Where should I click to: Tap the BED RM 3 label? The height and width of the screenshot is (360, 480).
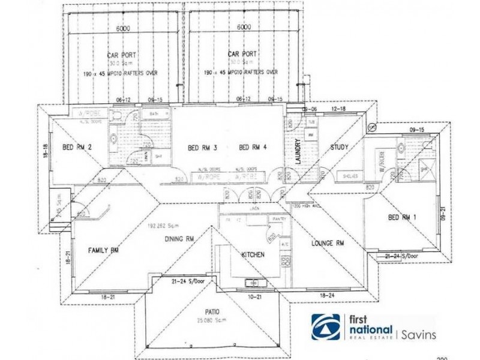click(x=202, y=148)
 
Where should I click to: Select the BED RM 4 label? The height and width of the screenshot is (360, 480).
click(x=253, y=148)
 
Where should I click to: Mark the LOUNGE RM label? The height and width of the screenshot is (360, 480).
click(x=328, y=244)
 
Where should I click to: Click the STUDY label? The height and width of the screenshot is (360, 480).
click(x=340, y=148)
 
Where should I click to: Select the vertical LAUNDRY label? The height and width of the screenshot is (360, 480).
click(x=296, y=151)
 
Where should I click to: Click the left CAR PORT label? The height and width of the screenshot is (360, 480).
click(x=121, y=55)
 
